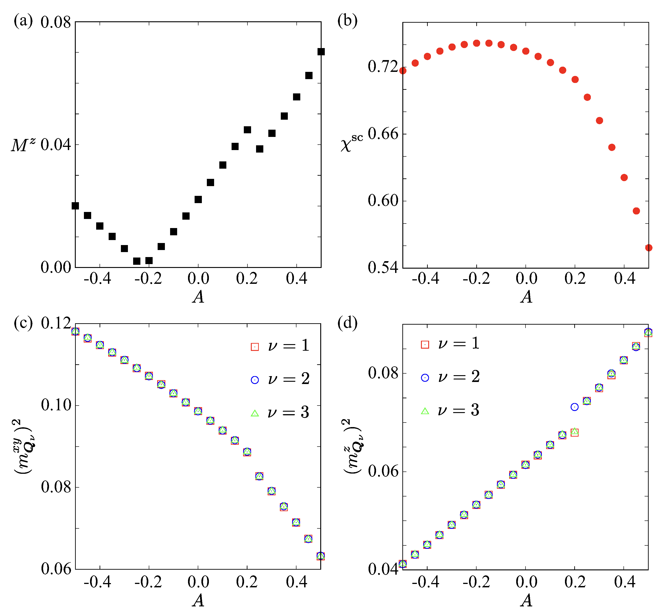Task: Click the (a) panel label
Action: click(x=23, y=21)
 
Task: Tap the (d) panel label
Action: click(x=347, y=322)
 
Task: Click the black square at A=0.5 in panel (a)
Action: click(x=321, y=52)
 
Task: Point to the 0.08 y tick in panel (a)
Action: click(x=56, y=23)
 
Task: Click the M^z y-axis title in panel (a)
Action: click(x=23, y=145)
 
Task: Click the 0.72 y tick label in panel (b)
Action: click(x=382, y=67)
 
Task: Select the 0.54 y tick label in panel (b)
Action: click(x=382, y=267)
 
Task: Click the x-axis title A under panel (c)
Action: click(x=198, y=600)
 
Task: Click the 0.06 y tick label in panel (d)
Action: click(x=382, y=471)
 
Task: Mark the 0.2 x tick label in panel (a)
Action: click(x=247, y=278)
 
